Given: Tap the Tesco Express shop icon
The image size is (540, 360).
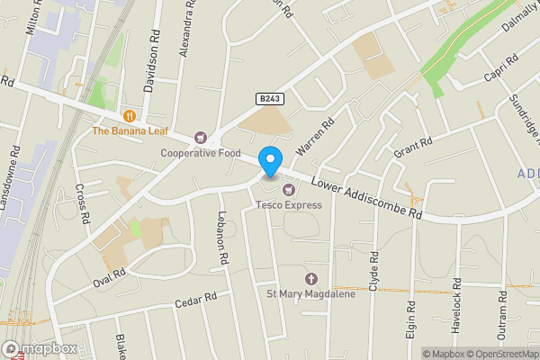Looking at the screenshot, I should (289, 190).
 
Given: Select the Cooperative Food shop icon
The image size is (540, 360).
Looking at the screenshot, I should (200, 138).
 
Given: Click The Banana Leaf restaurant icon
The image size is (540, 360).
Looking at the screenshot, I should (130, 115).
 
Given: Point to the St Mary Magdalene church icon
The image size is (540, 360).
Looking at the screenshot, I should (311, 280).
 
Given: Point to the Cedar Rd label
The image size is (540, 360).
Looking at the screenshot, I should (197, 301).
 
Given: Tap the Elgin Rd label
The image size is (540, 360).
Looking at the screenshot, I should (411, 318).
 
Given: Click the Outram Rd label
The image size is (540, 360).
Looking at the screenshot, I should (505, 325).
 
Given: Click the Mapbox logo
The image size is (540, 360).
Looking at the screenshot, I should (40, 349).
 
